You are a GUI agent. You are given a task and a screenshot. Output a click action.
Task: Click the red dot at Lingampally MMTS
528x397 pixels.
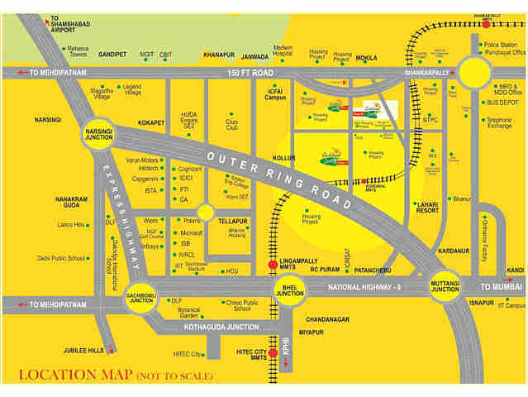(273, 265)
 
